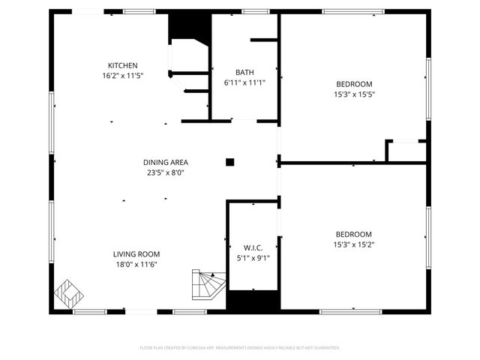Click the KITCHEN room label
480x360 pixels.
pos(122,65)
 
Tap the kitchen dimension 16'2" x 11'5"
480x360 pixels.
pos(122,76)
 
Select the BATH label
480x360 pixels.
pos(244,72)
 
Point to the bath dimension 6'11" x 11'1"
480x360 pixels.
pos(244,82)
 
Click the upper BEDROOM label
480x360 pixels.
pos(353,84)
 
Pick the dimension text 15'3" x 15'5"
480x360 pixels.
pos(353,94)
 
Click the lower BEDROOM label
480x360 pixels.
pos(353,234)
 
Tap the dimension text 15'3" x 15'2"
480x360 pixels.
pos(353,244)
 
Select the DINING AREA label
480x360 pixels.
pos(166,162)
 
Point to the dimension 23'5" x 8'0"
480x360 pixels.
pos(166,172)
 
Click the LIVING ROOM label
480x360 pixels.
pos(136,254)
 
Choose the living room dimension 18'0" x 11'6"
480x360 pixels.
pos(136,264)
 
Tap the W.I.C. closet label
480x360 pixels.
pos(253,247)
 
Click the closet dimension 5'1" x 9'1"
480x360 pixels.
pos(253,258)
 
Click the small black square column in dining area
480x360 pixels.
pos(230,161)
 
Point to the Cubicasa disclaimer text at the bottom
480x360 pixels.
pos(240,348)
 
